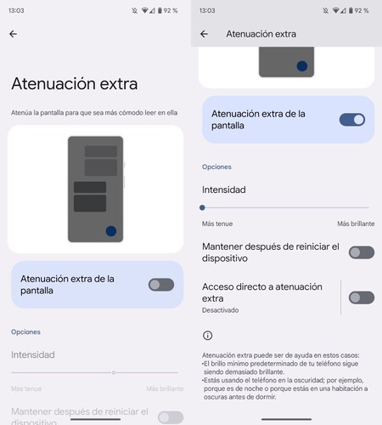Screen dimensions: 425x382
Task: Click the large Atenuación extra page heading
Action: tap(74, 84)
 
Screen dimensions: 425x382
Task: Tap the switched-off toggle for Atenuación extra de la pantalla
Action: tap(160, 285)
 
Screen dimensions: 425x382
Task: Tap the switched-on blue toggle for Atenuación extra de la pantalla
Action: tap(351, 120)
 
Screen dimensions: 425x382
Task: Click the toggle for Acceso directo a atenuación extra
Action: tap(361, 297)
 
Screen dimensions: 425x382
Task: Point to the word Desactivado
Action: tap(221, 311)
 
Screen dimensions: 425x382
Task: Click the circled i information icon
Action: tap(207, 336)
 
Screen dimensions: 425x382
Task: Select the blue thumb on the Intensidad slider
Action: tap(202, 207)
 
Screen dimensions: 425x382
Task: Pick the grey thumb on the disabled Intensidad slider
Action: tap(114, 372)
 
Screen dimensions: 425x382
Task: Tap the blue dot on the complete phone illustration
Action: tap(110, 231)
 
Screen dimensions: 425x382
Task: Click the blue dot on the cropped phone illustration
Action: tap(302, 65)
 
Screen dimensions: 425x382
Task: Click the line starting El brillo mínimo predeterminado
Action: tap(285, 364)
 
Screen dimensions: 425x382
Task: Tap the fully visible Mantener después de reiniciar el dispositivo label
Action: tap(270, 252)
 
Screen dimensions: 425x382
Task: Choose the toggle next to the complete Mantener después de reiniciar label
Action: tap(361, 252)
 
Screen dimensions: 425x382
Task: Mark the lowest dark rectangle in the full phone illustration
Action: tap(90, 203)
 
